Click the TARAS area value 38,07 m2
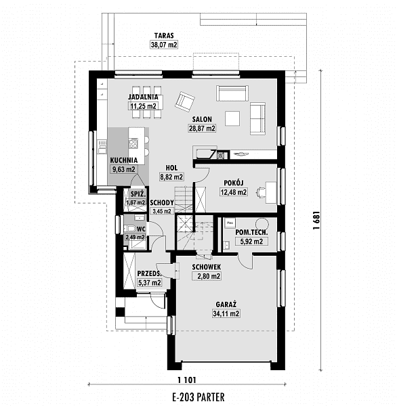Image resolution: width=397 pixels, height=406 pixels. (164, 45)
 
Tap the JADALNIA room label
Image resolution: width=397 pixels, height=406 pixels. (143, 97)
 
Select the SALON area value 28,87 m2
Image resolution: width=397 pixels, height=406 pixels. (202, 129)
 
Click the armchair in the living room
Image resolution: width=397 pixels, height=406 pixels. (185, 101)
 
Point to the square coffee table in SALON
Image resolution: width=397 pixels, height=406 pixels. (232, 118)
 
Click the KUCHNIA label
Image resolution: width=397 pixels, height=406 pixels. (124, 160)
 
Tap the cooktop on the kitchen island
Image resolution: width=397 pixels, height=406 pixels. (133, 143)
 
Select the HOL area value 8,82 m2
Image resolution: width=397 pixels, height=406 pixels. (171, 177)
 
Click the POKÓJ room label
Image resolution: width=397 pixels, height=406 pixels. (234, 183)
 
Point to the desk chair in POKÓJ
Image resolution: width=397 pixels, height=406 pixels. (261, 192)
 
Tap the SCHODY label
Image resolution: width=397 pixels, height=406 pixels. (162, 202)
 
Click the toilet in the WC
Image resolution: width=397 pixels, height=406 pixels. (129, 229)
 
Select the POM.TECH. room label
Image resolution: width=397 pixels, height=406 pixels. (251, 232)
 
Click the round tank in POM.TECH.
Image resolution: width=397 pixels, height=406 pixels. (262, 223)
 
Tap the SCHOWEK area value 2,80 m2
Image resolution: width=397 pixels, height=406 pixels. (207, 276)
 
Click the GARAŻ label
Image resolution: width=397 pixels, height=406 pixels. (226, 304)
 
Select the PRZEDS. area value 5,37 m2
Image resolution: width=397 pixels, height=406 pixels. (149, 282)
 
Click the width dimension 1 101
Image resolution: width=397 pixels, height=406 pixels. (187, 380)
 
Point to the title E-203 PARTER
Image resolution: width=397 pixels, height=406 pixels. (198, 397)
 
